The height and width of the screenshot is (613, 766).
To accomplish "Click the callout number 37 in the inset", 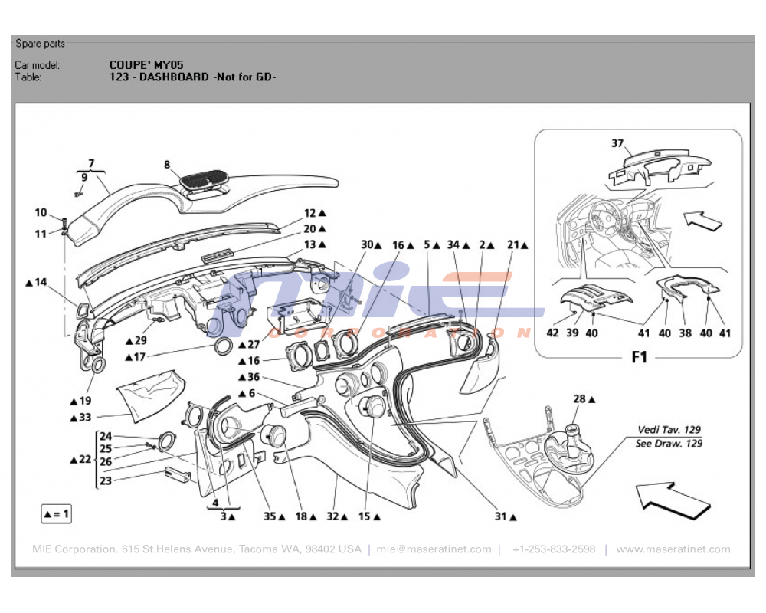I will tap(617, 143).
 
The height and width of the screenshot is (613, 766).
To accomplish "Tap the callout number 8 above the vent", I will tap(166, 164).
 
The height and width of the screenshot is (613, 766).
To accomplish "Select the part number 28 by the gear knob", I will tap(580, 398).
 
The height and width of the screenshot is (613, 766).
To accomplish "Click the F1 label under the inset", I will tap(639, 357).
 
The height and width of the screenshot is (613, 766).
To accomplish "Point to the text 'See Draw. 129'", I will tap(669, 444).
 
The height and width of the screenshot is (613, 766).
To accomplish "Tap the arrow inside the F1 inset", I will tap(702, 221).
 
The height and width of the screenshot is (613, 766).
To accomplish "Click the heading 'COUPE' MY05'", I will tap(146, 65).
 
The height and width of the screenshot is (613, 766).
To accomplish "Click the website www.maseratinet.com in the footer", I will tap(673, 549).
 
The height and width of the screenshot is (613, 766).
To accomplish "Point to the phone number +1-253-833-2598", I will tap(554, 549).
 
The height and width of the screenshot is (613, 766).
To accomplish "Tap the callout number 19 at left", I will tap(84, 400).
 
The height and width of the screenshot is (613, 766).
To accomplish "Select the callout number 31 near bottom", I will tap(500, 517).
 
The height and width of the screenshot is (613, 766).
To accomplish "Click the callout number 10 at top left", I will tap(41, 212).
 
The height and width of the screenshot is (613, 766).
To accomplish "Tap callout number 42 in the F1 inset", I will tap(552, 333).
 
